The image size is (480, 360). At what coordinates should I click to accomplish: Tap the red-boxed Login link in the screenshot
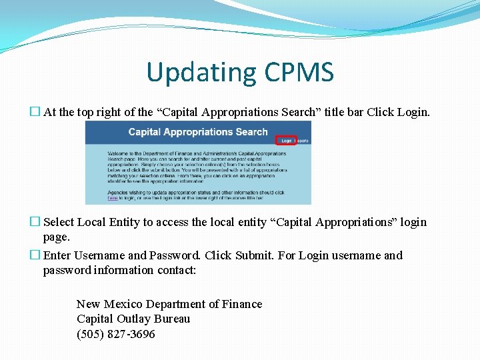(x=286, y=141)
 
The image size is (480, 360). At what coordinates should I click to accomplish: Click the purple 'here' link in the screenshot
(x=113, y=198)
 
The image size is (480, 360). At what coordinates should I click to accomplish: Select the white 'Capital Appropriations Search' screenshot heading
(x=198, y=132)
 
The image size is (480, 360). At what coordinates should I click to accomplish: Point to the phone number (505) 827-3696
(x=116, y=334)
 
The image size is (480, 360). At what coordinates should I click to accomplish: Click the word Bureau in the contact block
(x=171, y=319)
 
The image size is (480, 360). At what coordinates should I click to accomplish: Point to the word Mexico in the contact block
(x=122, y=304)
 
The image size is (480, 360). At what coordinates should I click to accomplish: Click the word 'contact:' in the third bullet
(x=179, y=270)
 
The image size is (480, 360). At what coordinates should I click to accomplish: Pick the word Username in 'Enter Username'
(x=99, y=255)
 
